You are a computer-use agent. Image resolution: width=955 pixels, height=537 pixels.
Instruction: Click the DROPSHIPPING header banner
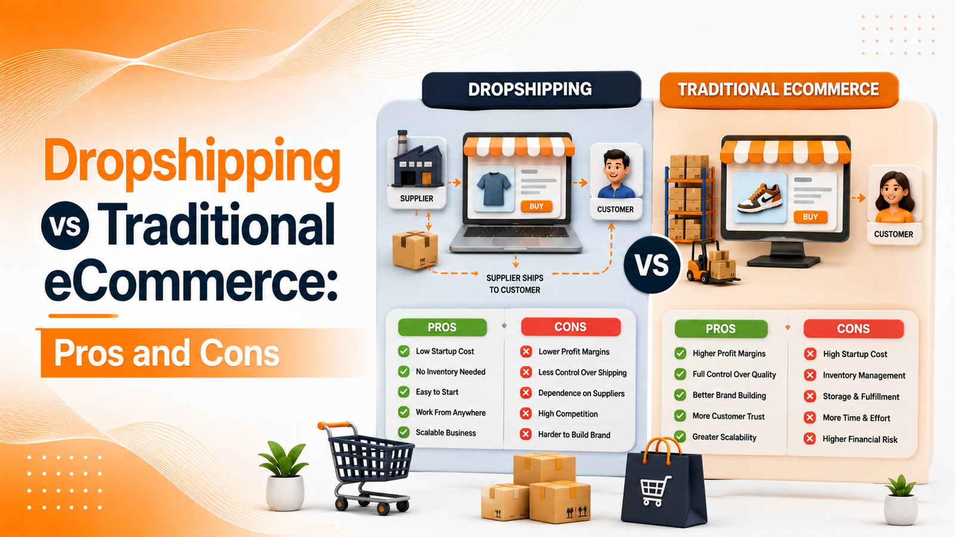[531, 89]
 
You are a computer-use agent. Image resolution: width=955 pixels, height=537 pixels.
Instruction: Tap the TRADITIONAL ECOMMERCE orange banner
[778, 89]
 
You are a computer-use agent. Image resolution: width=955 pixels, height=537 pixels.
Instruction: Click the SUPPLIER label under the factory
[417, 199]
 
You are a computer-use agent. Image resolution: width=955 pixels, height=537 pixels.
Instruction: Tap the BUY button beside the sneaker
[810, 217]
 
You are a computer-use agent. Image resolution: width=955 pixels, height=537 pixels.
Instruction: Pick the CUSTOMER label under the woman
[894, 234]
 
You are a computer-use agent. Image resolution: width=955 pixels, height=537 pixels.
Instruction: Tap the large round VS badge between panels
[652, 265]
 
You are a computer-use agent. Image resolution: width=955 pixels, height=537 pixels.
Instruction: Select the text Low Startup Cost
[445, 351]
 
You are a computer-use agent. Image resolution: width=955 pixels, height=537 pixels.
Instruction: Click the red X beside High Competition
[526, 413]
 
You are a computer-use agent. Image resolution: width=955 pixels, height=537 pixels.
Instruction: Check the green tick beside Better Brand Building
[680, 395]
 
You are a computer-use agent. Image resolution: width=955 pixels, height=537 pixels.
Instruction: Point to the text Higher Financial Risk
[860, 439]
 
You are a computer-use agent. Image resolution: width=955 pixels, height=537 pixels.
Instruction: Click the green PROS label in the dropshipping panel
[442, 328]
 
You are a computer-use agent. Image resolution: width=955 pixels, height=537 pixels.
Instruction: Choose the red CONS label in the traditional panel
[853, 329]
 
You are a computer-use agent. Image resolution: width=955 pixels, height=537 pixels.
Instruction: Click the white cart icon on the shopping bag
[655, 490]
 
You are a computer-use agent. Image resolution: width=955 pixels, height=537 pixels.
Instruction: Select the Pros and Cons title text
[167, 353]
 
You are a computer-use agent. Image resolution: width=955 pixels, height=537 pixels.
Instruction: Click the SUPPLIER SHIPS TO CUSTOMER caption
[515, 284]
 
